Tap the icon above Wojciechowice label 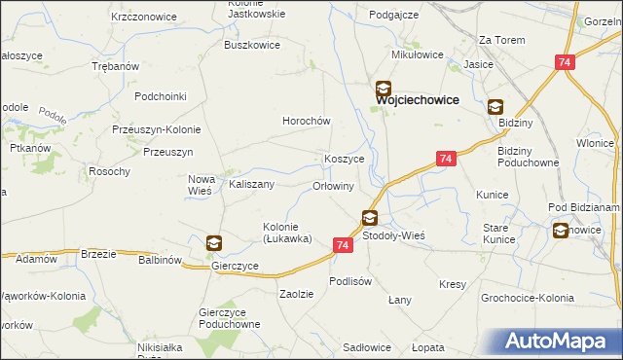(x=385, y=87)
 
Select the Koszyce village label (x=345, y=159)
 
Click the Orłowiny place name (x=333, y=185)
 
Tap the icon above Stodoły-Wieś (x=370, y=218)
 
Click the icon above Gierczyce (x=214, y=243)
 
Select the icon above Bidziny (x=495, y=108)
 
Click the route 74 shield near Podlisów (x=342, y=246)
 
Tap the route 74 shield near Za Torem (x=565, y=61)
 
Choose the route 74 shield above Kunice (x=446, y=158)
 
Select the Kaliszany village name (x=251, y=184)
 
